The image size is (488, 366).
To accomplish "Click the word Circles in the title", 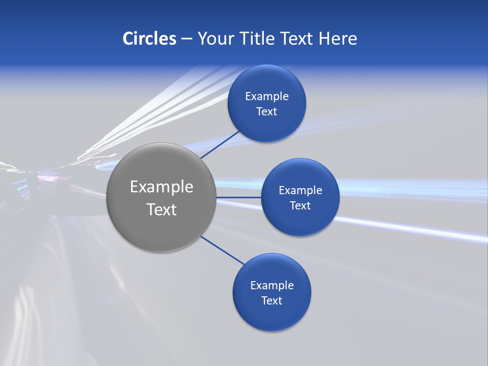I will point(149,39).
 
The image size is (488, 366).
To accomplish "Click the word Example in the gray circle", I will point(161,187).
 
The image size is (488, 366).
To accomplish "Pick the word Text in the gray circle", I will point(161,209).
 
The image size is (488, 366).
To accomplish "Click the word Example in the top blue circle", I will point(267,97).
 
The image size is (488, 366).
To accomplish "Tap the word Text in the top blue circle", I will point(267,112).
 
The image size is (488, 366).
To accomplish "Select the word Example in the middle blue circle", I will point(300,191).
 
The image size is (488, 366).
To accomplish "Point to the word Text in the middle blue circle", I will point(300,206).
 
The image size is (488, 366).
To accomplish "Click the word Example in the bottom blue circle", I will point(272,286).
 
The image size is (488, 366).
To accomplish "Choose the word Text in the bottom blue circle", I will point(272,301).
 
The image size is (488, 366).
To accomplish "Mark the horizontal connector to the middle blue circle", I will point(238,197).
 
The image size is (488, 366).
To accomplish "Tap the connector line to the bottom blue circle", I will point(222,250).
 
